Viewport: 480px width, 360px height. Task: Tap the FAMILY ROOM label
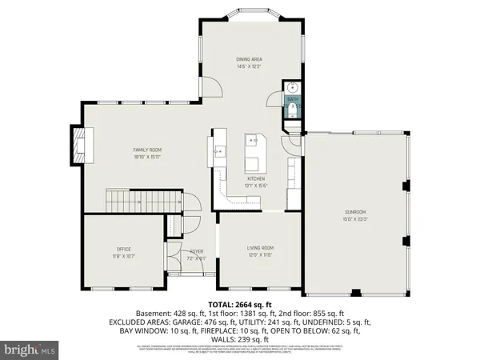coord(148,150)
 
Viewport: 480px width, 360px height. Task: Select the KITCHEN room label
coord(256,178)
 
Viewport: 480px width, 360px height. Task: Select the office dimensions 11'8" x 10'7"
coord(124,256)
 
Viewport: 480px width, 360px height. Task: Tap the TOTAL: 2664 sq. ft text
coord(240,305)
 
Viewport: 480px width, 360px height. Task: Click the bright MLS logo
coord(30,350)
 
